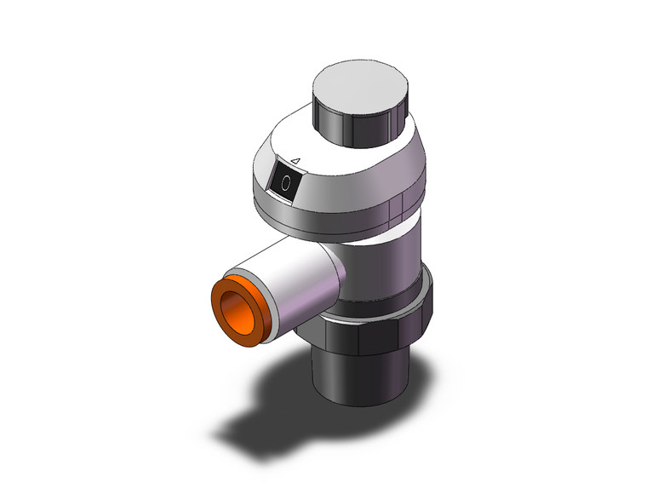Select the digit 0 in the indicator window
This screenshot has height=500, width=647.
[x=286, y=181]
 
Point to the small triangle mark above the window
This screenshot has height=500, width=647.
[x=295, y=158]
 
